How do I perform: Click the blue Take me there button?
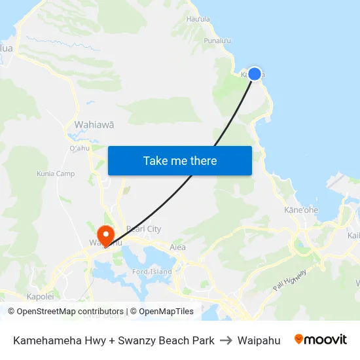(180, 160)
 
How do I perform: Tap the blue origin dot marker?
(255, 74)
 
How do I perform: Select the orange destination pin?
(105, 235)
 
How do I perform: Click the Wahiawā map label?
(94, 124)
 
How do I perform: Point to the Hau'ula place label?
(198, 19)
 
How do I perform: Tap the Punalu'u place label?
(217, 41)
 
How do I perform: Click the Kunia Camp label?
(56, 174)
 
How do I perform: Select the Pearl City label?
(143, 229)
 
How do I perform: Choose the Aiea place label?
(177, 247)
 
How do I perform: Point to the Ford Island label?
(152, 272)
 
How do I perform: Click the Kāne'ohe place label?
(301, 210)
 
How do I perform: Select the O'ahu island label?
(79, 147)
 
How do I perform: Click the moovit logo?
(321, 340)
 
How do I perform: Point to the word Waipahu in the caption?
(259, 340)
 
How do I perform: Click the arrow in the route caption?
(226, 340)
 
